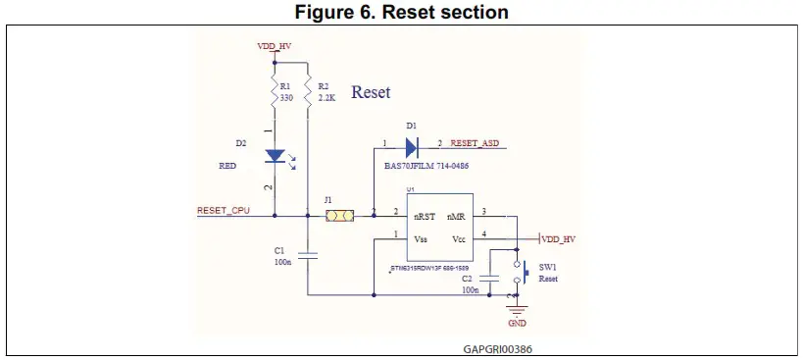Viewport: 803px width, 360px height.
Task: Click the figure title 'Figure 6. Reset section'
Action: pyautogui.click(x=402, y=12)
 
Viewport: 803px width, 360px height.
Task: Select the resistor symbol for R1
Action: pyautogui.click(x=275, y=93)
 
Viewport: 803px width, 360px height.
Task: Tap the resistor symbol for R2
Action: pyautogui.click(x=308, y=93)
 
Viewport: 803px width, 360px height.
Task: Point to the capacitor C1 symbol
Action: pyautogui.click(x=308, y=255)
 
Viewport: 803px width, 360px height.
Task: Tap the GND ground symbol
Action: pyautogui.click(x=517, y=310)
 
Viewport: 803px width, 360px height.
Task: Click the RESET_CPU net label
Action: pyautogui.click(x=224, y=209)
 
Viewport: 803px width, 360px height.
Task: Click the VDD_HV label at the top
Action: pyautogui.click(x=274, y=46)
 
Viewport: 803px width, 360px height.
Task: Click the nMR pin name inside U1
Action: pyautogui.click(x=456, y=215)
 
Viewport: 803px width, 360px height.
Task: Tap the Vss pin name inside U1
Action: pyautogui.click(x=420, y=238)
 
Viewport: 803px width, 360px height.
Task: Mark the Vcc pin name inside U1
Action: pyautogui.click(x=457, y=238)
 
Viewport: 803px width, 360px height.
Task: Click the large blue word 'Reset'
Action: pyautogui.click(x=371, y=92)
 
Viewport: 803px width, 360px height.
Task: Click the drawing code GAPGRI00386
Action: pyautogui.click(x=498, y=348)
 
